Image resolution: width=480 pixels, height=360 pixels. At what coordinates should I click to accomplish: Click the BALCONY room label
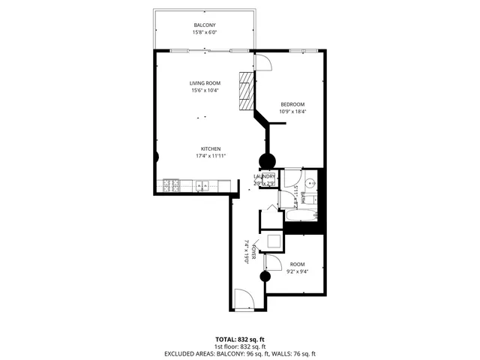[x=205, y=25]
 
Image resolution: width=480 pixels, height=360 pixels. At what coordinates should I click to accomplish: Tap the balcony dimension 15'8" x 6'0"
[x=205, y=33]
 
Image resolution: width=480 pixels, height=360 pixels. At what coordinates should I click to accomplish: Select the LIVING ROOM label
[x=204, y=83]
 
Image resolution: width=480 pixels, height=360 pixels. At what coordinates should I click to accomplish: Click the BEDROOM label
[x=293, y=103]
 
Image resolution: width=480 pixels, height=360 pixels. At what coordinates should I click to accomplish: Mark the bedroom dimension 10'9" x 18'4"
[x=293, y=111]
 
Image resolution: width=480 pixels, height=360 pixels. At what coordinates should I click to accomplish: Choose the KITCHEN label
[x=210, y=148]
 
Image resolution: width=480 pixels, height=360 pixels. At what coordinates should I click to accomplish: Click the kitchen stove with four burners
[x=172, y=184]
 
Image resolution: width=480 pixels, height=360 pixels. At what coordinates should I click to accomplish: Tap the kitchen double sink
[x=201, y=184]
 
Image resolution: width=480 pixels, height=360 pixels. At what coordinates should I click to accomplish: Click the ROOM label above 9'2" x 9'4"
[x=298, y=264]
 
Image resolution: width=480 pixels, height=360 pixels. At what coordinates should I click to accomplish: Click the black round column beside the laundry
[x=266, y=160]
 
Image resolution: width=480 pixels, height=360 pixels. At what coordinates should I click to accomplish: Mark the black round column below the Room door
[x=265, y=277]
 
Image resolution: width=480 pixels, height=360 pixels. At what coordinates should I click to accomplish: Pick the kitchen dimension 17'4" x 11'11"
[x=210, y=155]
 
